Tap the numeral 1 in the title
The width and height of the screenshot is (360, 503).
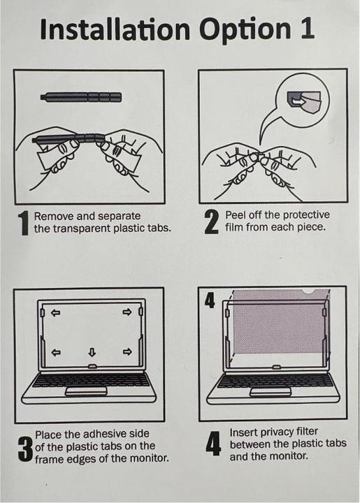coord(307,28)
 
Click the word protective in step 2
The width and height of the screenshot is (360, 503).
coord(306,215)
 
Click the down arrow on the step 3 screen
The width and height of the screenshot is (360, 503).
coord(92,353)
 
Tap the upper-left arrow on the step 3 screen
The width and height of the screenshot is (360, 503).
coord(56,312)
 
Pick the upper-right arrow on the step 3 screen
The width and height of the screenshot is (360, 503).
coord(127,312)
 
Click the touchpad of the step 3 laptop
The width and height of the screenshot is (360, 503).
coord(86,392)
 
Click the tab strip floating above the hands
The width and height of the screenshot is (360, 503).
coord(81,96)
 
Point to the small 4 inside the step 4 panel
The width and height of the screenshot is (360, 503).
coord(210,300)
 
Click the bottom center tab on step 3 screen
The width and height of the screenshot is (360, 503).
coord(92,366)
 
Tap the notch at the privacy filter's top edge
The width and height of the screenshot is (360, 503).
coord(309,291)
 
